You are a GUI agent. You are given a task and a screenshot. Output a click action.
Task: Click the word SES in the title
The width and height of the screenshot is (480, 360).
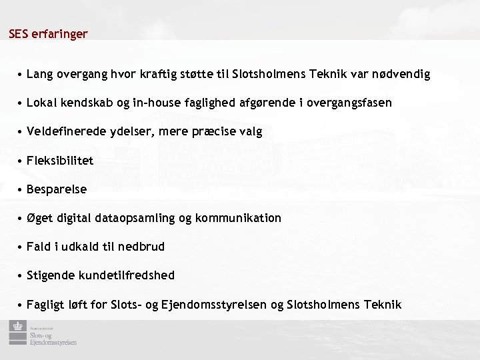point(19,33)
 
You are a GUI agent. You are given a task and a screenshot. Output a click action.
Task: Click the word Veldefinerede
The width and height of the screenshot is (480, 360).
point(63,131)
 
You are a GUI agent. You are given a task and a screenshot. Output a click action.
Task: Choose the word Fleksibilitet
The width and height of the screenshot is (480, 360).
point(60,160)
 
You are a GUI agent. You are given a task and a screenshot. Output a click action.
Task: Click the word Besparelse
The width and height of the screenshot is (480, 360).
point(57,189)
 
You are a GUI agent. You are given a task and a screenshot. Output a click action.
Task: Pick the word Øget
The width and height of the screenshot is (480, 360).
point(40,218)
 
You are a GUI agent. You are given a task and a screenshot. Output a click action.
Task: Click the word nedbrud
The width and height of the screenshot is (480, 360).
point(141,247)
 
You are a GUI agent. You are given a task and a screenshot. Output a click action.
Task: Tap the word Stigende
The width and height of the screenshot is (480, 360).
point(51,275)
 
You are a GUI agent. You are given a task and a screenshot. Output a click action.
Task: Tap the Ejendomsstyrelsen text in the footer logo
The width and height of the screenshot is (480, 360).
point(53,343)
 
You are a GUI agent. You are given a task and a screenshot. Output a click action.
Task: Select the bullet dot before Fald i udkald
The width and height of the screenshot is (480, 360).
point(22,247)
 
